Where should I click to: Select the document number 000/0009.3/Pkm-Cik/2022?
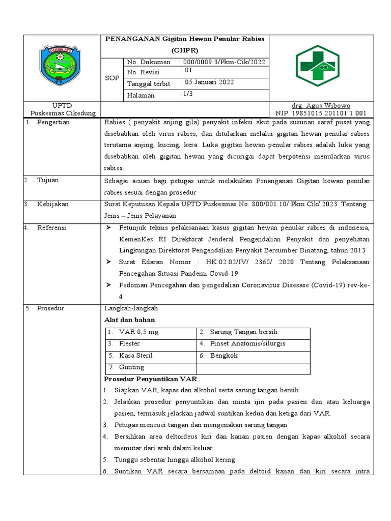[223, 62]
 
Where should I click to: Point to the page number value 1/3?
[187, 94]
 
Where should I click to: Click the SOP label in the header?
[112, 78]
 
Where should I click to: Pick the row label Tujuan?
[48, 180]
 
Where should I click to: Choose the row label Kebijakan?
[53, 204]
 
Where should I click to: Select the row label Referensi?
[52, 227]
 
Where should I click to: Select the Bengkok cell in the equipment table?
[224, 356]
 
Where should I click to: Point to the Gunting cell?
[131, 367]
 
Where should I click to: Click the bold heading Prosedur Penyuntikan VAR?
[150, 379]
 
